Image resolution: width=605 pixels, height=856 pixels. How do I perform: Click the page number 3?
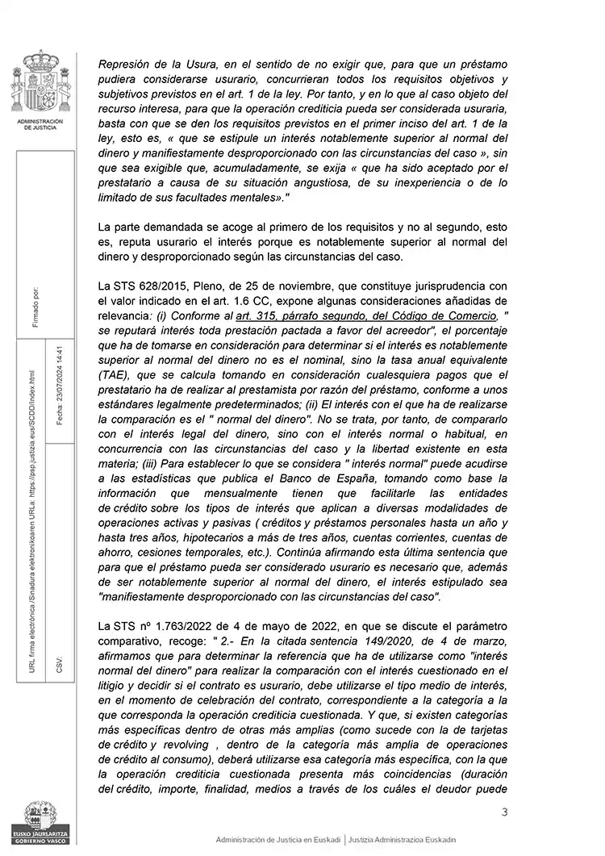point(504,812)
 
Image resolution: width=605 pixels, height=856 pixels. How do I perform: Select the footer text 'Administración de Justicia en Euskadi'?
point(278,840)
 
